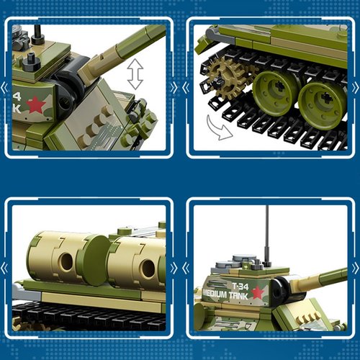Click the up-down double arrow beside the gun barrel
point(134,74)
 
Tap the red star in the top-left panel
point(36,106)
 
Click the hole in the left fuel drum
point(66,263)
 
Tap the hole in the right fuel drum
point(147,269)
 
